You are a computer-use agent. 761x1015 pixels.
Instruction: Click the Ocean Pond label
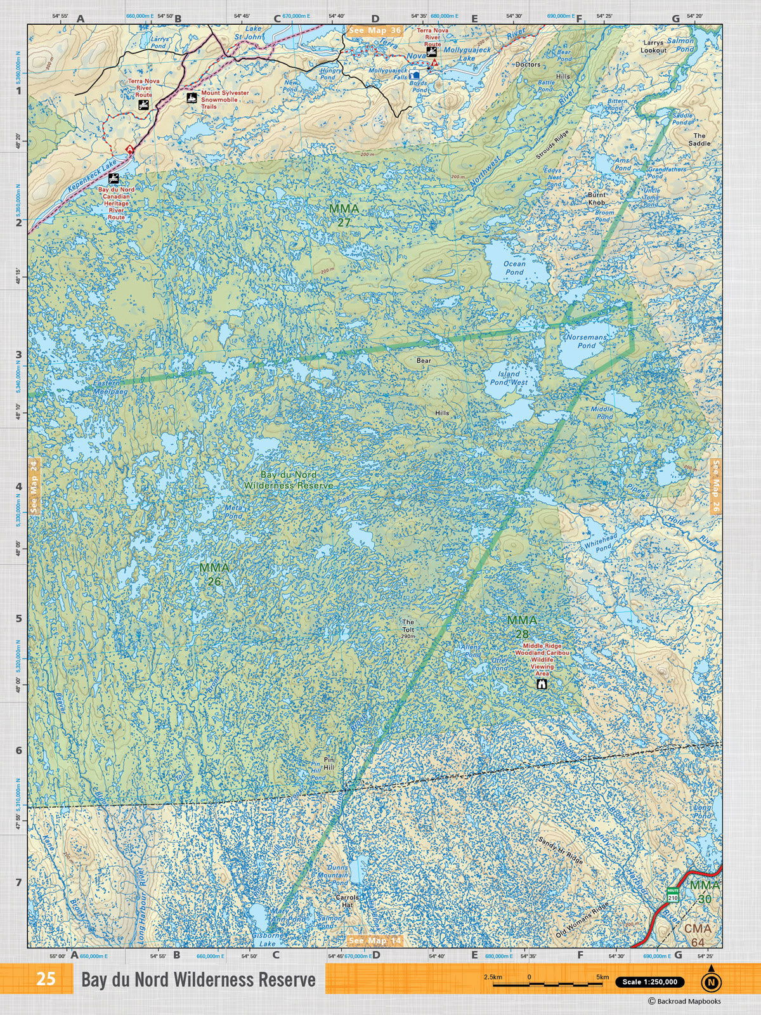point(514,268)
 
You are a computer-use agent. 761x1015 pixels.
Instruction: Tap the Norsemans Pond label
point(586,341)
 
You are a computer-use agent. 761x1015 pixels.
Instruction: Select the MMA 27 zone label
point(344,215)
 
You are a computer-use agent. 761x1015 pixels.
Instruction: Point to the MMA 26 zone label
point(214,573)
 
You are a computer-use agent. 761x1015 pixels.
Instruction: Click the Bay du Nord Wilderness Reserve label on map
point(289,480)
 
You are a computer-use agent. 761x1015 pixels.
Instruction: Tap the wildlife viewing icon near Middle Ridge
point(542,684)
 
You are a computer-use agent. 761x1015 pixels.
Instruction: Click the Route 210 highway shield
point(672,895)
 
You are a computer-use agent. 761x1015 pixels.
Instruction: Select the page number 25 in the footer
point(46,979)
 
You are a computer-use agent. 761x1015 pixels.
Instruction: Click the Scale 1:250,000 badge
point(649,982)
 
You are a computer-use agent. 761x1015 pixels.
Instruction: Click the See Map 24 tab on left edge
point(34,486)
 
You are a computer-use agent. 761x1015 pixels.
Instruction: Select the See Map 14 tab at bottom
point(374,940)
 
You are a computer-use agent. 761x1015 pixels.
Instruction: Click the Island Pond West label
point(509,379)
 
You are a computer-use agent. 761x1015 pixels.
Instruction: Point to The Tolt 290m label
point(408,629)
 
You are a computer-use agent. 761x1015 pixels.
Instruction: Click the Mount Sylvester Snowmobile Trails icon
point(190,98)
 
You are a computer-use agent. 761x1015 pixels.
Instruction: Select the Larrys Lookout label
point(653,46)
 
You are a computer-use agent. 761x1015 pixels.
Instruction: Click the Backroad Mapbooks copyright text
point(684,1001)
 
